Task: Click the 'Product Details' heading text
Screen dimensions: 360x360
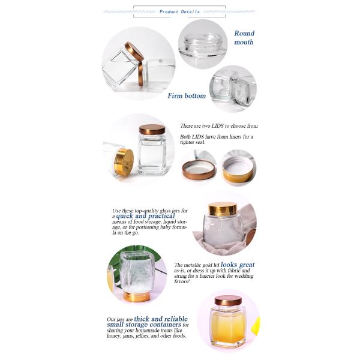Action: [179, 12]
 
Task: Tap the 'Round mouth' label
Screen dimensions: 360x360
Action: [244, 38]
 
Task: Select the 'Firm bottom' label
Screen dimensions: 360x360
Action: [187, 96]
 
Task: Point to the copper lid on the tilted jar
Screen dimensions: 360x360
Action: [134, 52]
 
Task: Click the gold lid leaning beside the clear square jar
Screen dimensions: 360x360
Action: [124, 162]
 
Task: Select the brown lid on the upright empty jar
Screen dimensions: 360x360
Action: [152, 130]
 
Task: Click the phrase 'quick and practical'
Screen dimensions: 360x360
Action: [146, 216]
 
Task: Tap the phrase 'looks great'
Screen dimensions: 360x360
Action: [238, 265]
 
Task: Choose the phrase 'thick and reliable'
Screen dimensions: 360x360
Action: [161, 319]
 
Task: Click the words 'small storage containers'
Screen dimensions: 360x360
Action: [144, 325]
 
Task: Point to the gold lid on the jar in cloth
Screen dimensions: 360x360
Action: [223, 209]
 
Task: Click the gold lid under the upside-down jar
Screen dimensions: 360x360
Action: [137, 296]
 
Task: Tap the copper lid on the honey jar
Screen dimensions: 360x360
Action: [228, 301]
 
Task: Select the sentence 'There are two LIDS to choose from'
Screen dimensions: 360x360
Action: [219, 126]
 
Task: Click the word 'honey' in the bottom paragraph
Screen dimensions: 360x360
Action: [113, 336]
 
